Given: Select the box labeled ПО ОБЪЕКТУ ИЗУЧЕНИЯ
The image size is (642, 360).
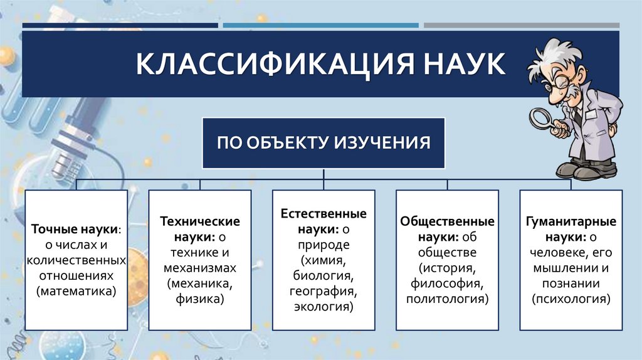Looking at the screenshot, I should pyautogui.click(x=324, y=142).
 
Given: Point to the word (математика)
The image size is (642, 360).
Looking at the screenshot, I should pyautogui.click(x=76, y=291).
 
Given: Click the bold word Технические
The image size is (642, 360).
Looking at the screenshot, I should pyautogui.click(x=200, y=221).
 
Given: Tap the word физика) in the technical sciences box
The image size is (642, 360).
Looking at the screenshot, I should pyautogui.click(x=200, y=300).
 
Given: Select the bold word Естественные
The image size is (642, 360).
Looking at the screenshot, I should pyautogui.click(x=324, y=214).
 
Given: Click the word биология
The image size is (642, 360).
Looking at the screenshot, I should pyautogui.click(x=324, y=276).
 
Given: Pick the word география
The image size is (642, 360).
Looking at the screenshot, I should pyautogui.click(x=324, y=292).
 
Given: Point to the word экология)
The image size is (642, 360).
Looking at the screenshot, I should pyautogui.click(x=324, y=307).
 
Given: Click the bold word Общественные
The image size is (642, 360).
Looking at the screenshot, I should pyautogui.click(x=447, y=221).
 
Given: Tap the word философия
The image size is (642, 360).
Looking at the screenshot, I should pyautogui.click(x=447, y=284).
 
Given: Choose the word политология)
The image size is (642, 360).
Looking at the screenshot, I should pyautogui.click(x=447, y=300).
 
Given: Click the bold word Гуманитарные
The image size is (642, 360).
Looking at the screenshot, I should pyautogui.click(x=571, y=221).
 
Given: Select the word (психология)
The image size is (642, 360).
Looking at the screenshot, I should pyautogui.click(x=571, y=300).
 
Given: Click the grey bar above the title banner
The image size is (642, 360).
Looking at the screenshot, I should pyautogui.click(x=521, y=26).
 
